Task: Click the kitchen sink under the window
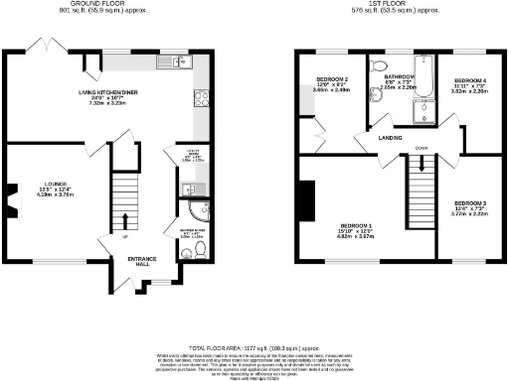coord(165,64)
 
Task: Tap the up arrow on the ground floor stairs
coord(125,221)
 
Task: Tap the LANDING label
coord(391,139)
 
